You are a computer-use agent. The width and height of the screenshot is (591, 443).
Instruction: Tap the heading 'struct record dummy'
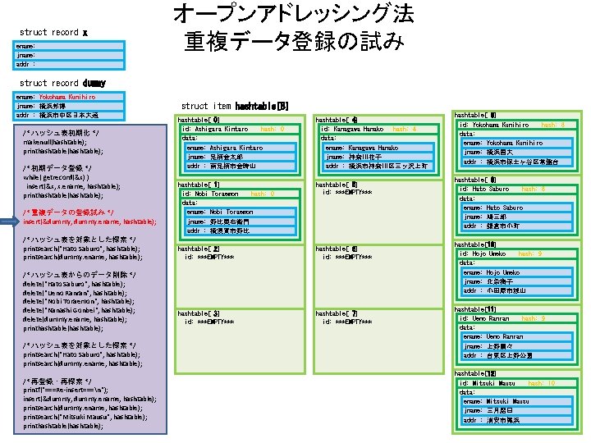point(62,83)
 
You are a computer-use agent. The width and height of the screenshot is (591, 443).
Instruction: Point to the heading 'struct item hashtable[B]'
point(234,106)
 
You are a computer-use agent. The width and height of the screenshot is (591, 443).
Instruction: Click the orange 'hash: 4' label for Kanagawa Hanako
point(404,129)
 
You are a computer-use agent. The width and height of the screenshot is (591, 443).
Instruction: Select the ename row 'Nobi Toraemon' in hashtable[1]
point(219,212)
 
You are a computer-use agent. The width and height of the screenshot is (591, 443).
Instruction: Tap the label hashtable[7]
point(337,313)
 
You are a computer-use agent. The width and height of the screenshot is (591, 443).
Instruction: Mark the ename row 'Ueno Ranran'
point(492,336)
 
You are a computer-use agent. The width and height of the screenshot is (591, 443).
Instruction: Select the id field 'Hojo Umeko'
point(489,253)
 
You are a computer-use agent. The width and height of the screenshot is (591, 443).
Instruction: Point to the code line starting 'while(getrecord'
point(57,177)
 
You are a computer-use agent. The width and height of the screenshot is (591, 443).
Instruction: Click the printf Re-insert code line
point(65,389)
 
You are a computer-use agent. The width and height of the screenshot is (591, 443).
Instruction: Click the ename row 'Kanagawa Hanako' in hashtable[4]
point(361,148)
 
